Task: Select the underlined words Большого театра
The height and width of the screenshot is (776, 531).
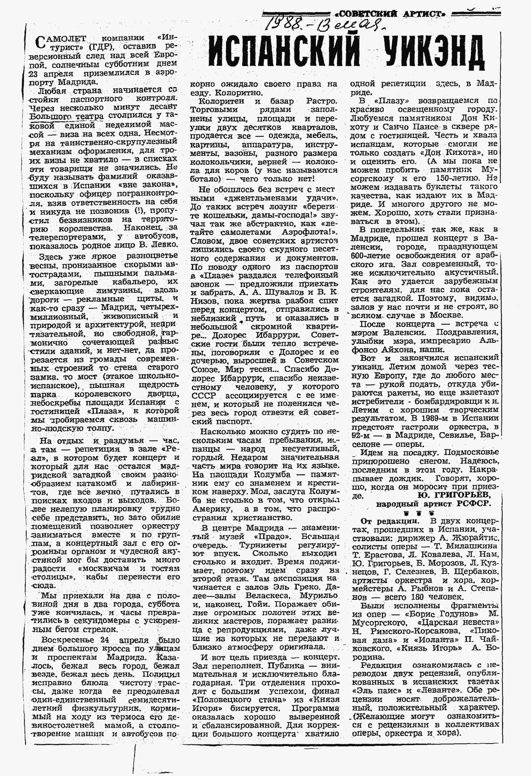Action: (x=67, y=116)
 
